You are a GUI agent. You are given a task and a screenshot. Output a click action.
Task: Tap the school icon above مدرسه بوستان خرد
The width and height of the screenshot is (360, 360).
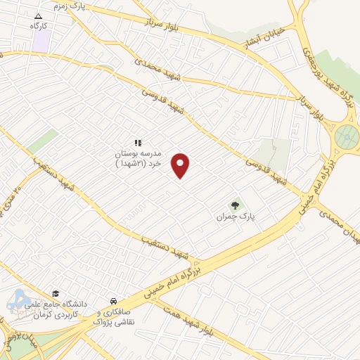tap(139, 143)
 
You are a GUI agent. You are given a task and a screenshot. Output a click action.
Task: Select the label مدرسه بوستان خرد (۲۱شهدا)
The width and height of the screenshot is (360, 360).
tap(139, 157)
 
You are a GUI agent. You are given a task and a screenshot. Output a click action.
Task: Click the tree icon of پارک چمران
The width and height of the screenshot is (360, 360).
tap(236, 205)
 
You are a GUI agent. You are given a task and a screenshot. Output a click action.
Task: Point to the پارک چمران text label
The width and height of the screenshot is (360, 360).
tap(236, 218)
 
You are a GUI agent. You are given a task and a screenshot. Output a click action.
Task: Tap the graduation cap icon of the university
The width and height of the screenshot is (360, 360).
tap(56, 294)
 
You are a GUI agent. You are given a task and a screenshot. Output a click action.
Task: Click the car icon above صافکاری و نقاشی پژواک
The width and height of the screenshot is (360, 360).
tap(114, 300)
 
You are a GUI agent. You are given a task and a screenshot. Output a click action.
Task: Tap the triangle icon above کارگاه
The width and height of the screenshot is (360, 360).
tap(38, 15)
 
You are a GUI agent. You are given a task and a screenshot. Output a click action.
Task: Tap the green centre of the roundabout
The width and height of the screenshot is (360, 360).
tap(345, 135)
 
